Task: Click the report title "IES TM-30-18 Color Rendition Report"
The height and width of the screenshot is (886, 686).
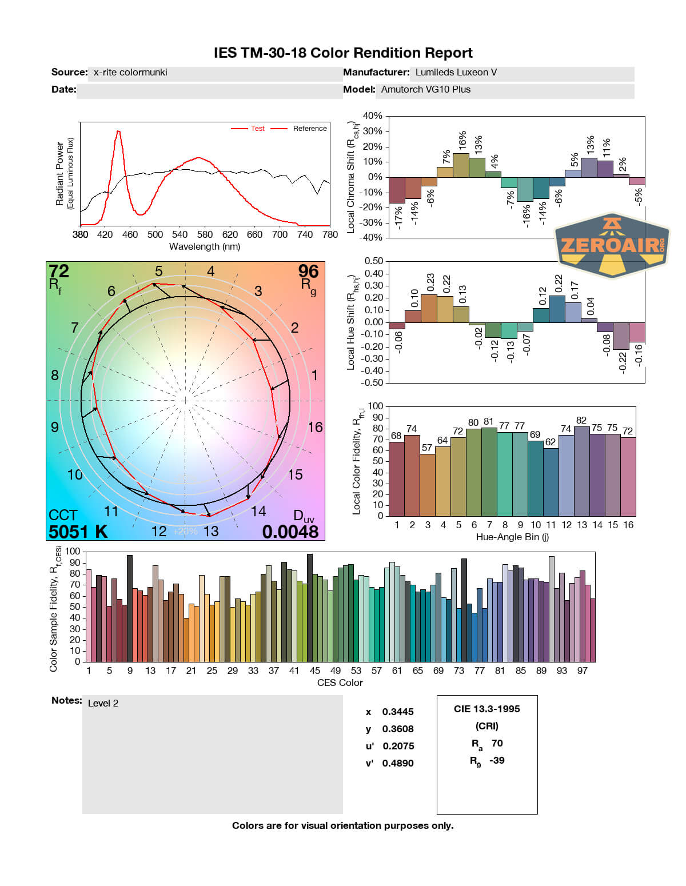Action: (x=343, y=53)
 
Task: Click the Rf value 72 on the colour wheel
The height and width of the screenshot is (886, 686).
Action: (x=59, y=271)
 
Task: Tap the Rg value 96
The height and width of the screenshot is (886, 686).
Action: (x=308, y=271)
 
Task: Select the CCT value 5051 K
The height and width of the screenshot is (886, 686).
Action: (x=78, y=532)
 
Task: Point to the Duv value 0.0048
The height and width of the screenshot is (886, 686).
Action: (x=290, y=532)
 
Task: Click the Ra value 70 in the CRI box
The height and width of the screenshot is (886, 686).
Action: (x=497, y=743)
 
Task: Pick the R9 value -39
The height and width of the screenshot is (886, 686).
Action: (x=497, y=760)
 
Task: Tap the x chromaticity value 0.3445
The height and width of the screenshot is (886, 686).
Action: (x=398, y=712)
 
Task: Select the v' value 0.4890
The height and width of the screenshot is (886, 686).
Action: (x=398, y=763)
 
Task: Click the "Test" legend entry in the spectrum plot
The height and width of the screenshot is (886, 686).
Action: (x=257, y=129)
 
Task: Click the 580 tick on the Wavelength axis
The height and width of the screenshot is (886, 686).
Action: (x=205, y=234)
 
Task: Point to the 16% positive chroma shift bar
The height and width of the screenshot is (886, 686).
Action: (x=461, y=165)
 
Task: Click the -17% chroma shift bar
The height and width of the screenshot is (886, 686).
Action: (x=397, y=190)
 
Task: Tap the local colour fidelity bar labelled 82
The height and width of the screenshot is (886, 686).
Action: (x=581, y=471)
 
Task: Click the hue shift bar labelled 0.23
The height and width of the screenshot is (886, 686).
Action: (x=429, y=308)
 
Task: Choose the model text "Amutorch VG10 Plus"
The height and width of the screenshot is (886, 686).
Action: (x=426, y=89)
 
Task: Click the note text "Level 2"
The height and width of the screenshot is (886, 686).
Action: (x=103, y=703)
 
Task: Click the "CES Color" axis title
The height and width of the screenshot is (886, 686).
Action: (x=340, y=683)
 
